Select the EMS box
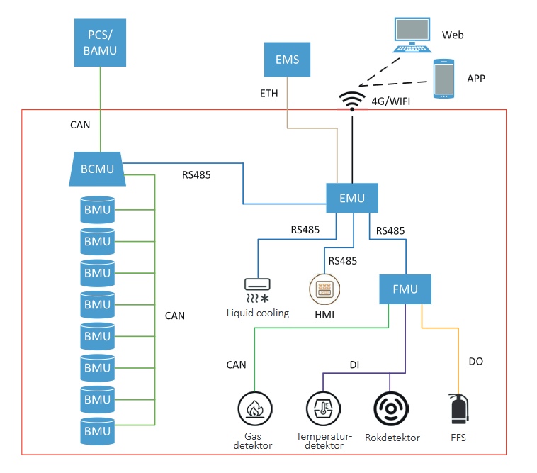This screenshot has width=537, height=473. (x=287, y=60)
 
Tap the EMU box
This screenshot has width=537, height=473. (x=351, y=198)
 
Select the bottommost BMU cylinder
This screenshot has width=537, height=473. (x=97, y=430)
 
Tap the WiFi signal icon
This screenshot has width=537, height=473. (x=352, y=101)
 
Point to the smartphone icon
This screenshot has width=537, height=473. (x=444, y=78)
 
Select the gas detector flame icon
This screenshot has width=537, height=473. (x=254, y=409)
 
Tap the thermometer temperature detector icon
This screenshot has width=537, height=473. (x=322, y=409)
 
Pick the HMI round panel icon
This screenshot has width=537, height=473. (x=325, y=290)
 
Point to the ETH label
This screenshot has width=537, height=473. (x=270, y=94)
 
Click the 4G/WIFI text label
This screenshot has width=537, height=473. (x=391, y=101)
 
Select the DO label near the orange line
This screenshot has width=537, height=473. (x=476, y=362)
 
